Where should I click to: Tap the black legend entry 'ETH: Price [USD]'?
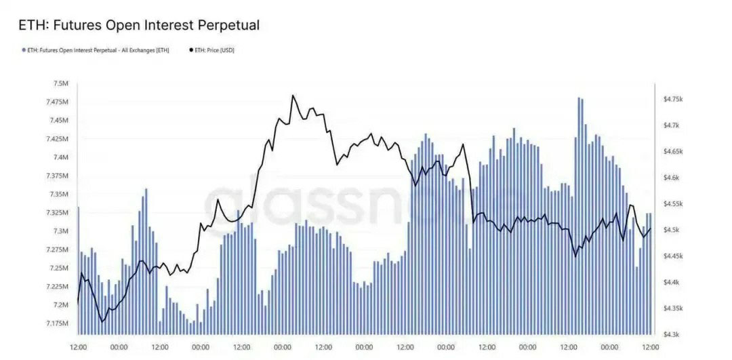[211, 50]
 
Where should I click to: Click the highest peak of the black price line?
[293, 96]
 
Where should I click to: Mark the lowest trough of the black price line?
[103, 321]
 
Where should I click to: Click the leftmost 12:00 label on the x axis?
[79, 347]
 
